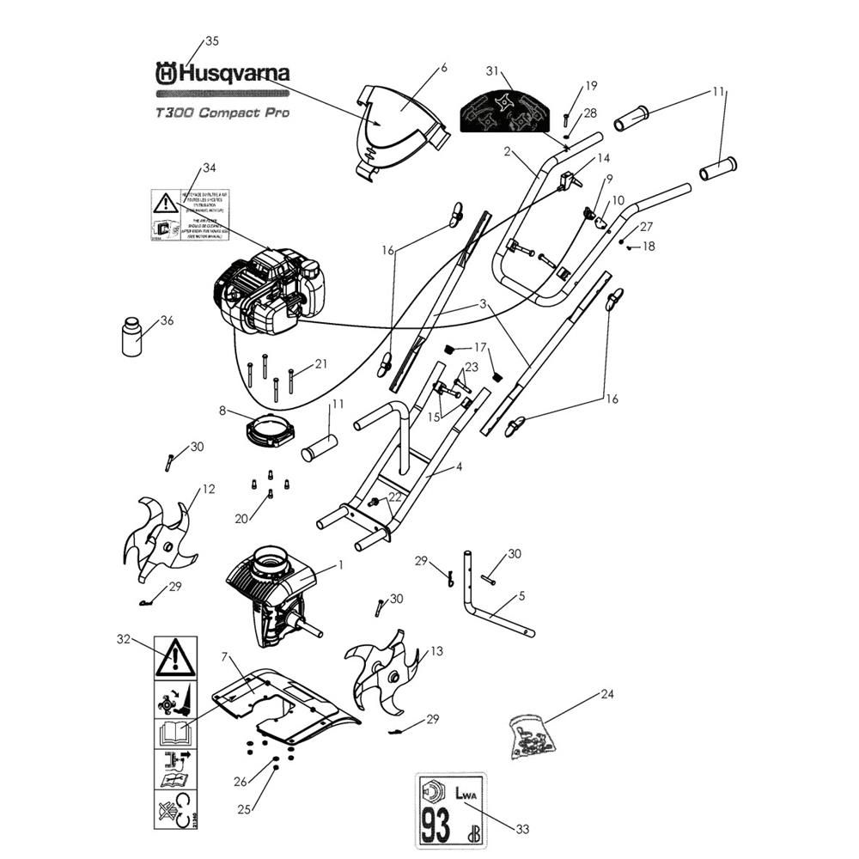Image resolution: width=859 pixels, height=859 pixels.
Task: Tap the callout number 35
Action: click(211, 40)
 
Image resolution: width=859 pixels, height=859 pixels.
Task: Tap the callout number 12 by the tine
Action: click(208, 490)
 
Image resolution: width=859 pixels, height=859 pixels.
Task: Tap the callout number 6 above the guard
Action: click(443, 66)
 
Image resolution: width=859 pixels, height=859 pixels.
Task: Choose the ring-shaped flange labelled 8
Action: click(271, 430)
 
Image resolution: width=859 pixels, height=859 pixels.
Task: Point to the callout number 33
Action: click(521, 829)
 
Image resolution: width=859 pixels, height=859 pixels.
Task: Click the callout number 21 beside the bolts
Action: click(320, 364)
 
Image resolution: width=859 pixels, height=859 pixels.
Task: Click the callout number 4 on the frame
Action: click(458, 467)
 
